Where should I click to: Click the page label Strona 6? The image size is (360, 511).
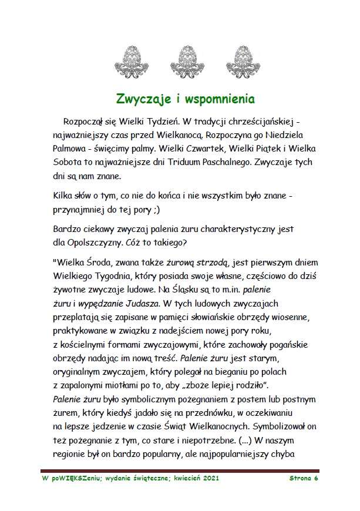304,479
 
